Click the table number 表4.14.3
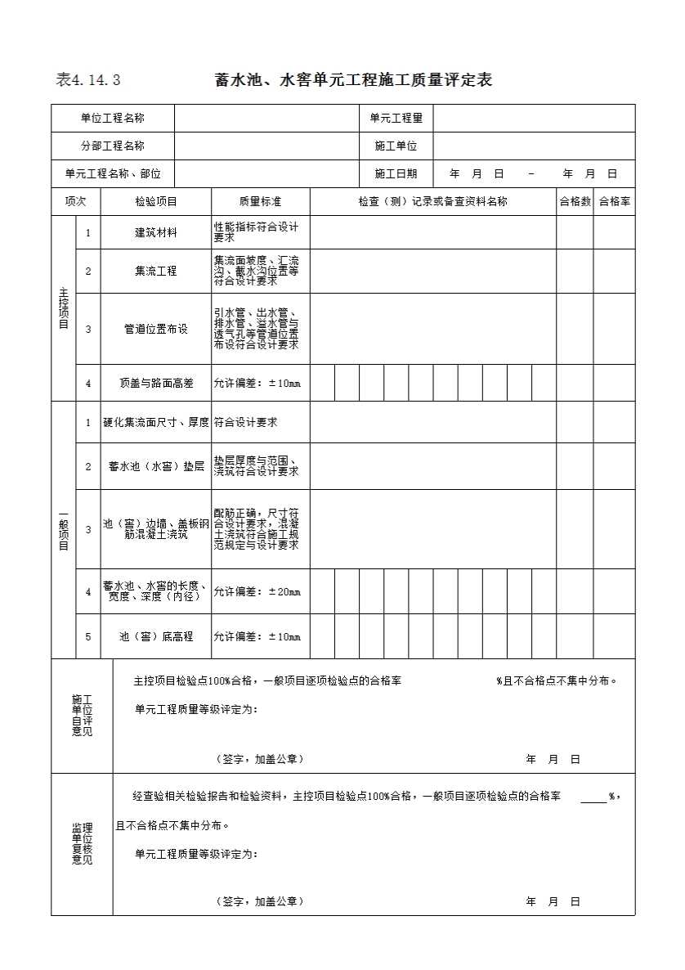tap(88, 80)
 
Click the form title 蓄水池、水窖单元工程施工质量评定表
tap(353, 80)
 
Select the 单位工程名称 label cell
tap(113, 118)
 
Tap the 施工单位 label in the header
tap(396, 146)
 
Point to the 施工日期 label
tap(396, 173)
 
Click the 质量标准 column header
tap(260, 201)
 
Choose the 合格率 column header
tap(614, 201)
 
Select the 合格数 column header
tap(575, 201)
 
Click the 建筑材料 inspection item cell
tap(155, 232)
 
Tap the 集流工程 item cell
tap(155, 271)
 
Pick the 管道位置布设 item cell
tap(155, 329)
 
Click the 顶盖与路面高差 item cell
tap(155, 383)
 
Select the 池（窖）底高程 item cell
tap(155, 636)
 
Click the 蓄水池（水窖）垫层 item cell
tap(155, 466)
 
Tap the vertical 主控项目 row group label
tap(64, 308)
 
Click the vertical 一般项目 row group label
tap(64, 529)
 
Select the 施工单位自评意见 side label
tap(82, 715)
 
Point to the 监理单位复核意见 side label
tap(82, 843)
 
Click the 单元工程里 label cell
tap(396, 118)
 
